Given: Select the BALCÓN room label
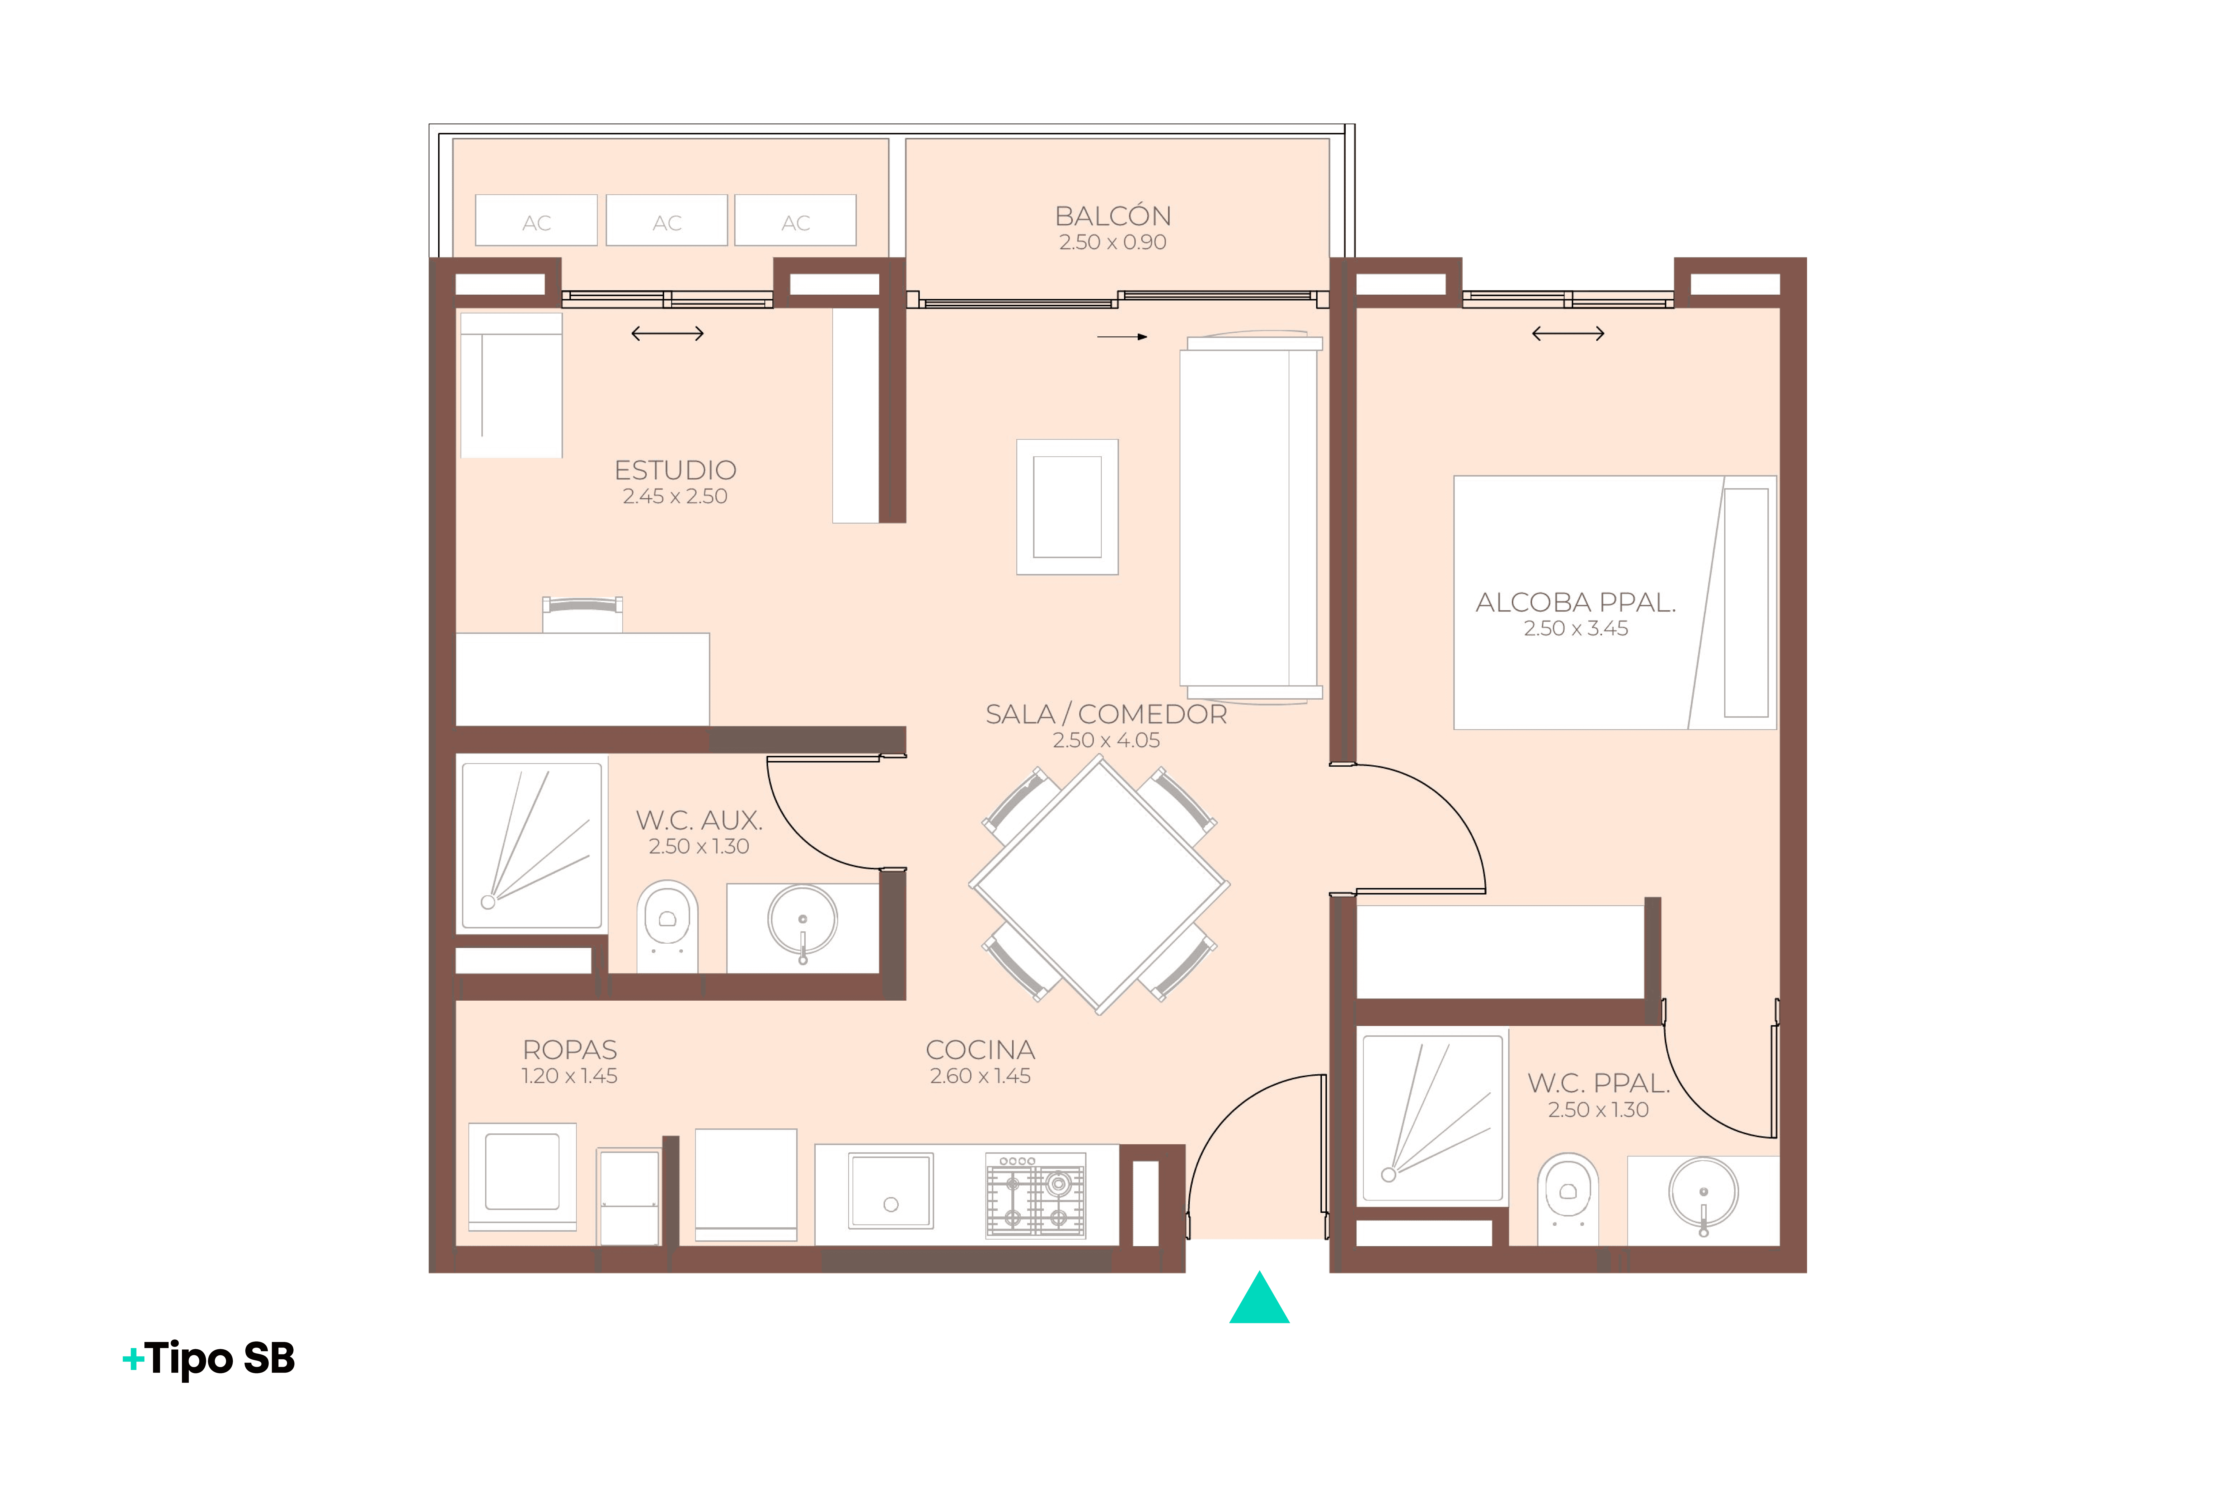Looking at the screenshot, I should (1112, 216).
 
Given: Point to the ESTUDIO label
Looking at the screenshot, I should (675, 470).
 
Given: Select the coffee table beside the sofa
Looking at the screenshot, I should (1067, 507).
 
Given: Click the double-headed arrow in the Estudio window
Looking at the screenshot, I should (668, 333).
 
